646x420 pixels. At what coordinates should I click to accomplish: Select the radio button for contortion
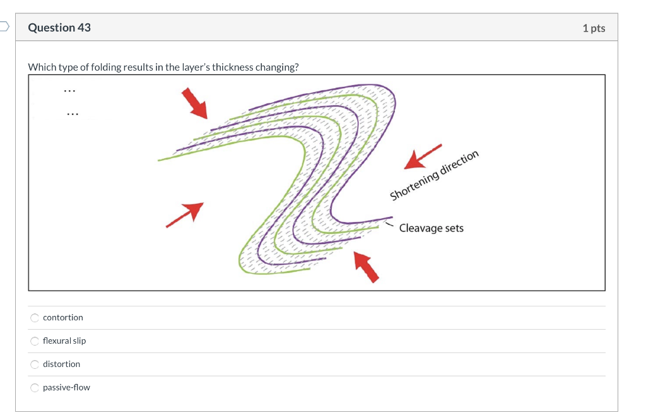pos(35,318)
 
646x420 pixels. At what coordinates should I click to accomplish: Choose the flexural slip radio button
pos(35,341)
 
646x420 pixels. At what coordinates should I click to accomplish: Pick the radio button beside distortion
pos(35,365)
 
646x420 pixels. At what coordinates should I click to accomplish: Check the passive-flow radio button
pos(35,388)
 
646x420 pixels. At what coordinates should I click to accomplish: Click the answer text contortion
pos(63,318)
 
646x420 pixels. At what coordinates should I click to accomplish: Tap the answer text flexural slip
pos(64,341)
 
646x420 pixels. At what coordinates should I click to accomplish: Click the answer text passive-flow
pos(66,388)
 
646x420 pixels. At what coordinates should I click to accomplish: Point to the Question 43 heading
pos(59,28)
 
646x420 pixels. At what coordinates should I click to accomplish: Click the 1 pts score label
pos(594,28)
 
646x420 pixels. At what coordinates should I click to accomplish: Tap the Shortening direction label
pos(435,176)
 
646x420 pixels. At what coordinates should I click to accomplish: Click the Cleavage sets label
pos(431,228)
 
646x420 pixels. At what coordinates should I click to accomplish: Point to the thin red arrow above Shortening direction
pos(422,156)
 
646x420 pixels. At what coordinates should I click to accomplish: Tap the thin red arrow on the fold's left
pos(185,214)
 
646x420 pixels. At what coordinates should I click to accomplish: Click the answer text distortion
pos(61,365)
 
